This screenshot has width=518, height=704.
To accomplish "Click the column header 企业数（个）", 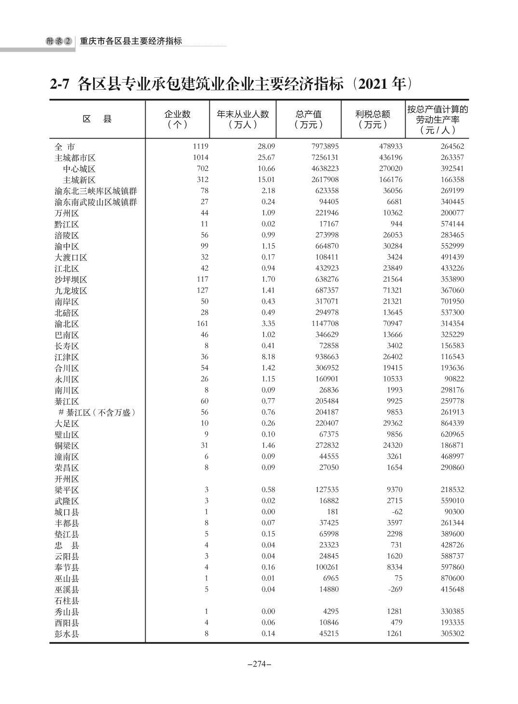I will coord(177,119).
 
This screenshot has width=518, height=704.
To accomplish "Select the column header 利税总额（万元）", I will coord(372,119).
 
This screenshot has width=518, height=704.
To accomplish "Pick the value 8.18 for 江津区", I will coord(268,357).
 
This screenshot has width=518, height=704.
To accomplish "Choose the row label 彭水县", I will coord(67,634).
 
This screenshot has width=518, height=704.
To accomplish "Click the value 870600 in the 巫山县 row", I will coord(452,578).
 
